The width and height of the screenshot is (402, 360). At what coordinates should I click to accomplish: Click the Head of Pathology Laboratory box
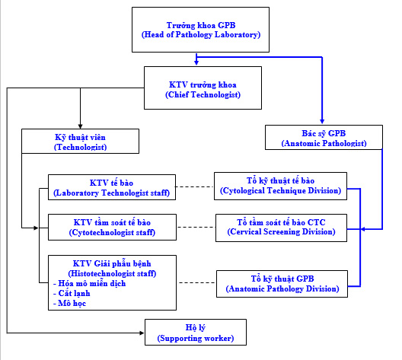[200, 30]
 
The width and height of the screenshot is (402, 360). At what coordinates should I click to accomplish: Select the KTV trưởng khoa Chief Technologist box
[203, 88]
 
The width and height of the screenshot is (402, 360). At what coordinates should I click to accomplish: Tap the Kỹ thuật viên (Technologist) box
[80, 141]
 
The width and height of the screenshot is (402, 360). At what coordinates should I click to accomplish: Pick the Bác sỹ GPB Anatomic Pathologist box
[324, 137]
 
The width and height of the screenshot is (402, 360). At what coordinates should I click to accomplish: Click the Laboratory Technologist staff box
[112, 187]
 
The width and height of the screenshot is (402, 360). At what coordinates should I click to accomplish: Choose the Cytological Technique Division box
[280, 186]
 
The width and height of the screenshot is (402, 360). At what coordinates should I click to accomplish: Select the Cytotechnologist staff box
[112, 228]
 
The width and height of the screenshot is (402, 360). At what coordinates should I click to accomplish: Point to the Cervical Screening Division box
[281, 228]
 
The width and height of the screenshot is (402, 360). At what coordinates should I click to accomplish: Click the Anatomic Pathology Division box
[282, 284]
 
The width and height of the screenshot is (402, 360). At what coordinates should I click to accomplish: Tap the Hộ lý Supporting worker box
[196, 333]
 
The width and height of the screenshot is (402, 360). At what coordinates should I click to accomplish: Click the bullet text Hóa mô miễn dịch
[90, 283]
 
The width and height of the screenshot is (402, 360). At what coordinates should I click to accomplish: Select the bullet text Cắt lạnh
[72, 293]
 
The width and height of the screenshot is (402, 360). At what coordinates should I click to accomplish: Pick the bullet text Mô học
[69, 303]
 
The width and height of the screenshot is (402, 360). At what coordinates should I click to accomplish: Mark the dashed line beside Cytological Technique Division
[194, 186]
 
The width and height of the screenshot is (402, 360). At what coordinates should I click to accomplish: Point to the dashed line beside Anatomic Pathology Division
[197, 282]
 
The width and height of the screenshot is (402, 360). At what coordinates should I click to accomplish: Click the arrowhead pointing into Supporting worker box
[142, 333]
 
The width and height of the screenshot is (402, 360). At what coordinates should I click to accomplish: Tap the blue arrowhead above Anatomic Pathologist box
[322, 122]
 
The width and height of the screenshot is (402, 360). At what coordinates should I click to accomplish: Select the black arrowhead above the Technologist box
[80, 126]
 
